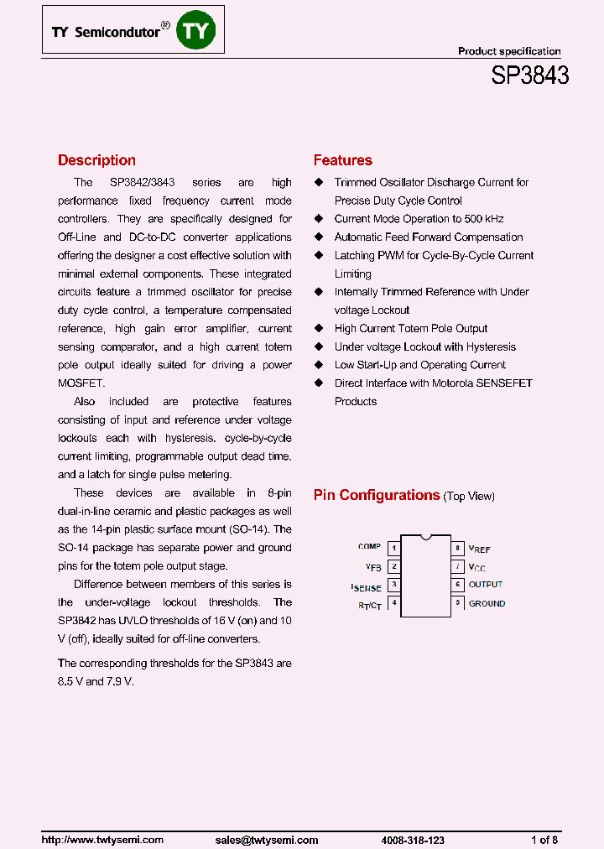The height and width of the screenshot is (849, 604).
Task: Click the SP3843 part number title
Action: click(529, 76)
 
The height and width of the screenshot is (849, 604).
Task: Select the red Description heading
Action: click(96, 160)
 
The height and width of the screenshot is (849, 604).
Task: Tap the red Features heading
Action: click(342, 160)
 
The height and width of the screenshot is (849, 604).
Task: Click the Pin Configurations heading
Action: click(377, 495)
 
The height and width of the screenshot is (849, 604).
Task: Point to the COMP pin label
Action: click(369, 547)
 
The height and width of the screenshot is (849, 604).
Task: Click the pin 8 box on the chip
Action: click(458, 548)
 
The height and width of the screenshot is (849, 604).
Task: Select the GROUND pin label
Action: click(487, 603)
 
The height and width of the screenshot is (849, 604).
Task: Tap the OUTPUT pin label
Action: click(486, 585)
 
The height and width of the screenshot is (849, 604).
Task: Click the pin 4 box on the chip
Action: click(393, 603)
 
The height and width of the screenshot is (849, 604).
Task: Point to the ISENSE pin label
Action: click(367, 587)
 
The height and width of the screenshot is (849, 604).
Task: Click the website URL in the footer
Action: click(102, 840)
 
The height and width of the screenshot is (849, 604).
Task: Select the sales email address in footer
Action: click(266, 840)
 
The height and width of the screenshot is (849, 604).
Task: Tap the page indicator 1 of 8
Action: click(544, 840)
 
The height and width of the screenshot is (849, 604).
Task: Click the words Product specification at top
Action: click(509, 51)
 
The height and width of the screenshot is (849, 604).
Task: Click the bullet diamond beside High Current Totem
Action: click(318, 329)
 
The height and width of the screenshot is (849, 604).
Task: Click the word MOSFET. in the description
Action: click(81, 383)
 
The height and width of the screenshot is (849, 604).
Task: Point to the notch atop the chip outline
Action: click(426, 536)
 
